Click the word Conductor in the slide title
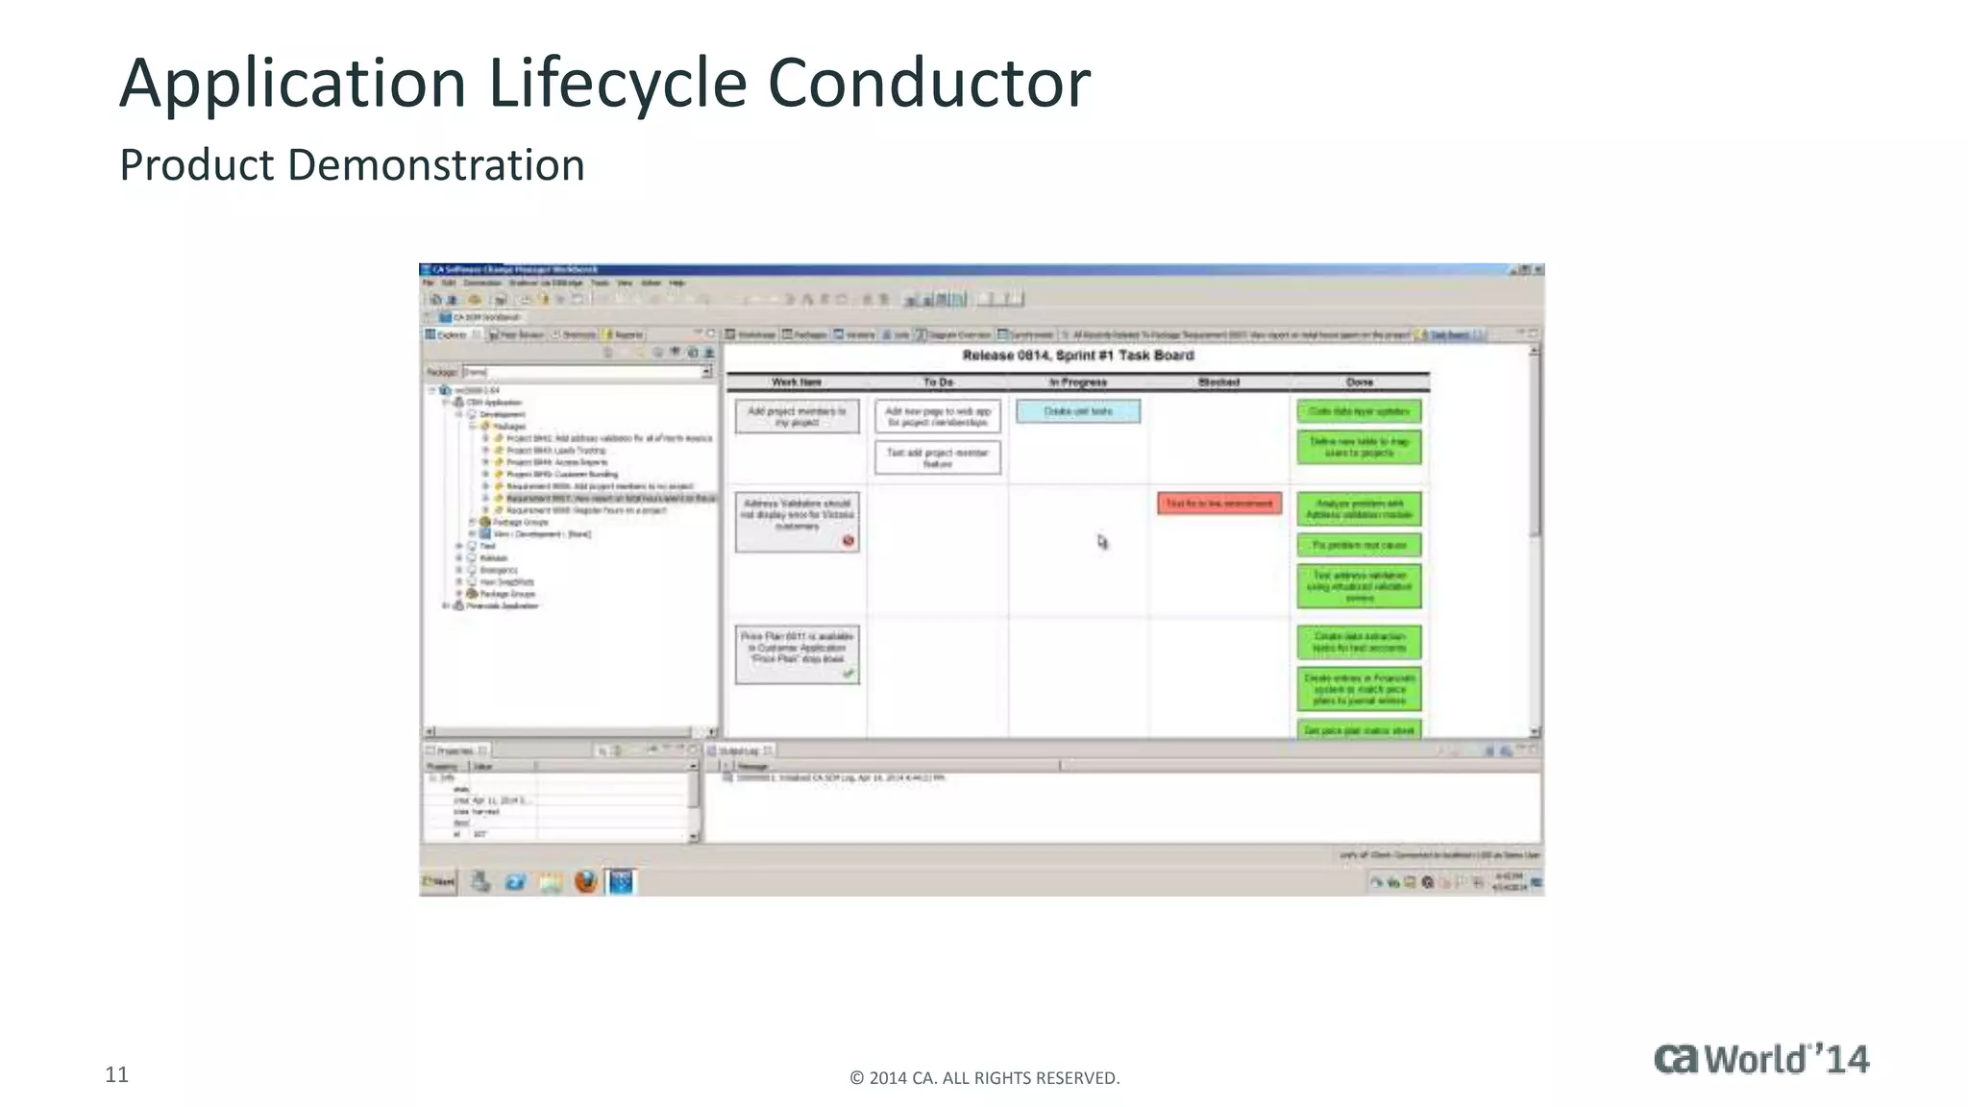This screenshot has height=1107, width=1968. [x=928, y=83]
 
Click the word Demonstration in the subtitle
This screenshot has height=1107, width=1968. [x=436, y=165]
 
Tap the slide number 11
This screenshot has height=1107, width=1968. [x=116, y=1074]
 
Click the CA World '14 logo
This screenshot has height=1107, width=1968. [x=1761, y=1059]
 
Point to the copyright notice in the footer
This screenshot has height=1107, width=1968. [x=984, y=1078]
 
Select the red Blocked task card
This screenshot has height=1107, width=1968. [x=1219, y=504]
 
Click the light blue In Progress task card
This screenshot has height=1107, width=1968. [x=1078, y=411]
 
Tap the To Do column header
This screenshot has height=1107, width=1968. [x=938, y=382]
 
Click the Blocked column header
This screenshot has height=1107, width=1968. [x=1218, y=382]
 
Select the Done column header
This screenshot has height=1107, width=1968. [x=1359, y=382]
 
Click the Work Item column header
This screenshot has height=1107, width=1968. [x=797, y=382]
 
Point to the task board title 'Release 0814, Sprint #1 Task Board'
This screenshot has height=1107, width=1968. [x=1077, y=356]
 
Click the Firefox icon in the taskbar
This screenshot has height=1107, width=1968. [x=585, y=881]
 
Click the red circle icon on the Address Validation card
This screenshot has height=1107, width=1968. [x=848, y=541]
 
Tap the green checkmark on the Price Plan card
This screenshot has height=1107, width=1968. [x=848, y=673]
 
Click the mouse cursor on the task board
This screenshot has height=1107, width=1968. [x=1102, y=542]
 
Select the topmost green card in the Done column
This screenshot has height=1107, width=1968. [x=1359, y=411]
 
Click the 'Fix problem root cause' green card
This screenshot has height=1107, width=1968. [x=1359, y=546]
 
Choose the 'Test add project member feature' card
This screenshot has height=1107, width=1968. [x=937, y=457]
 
